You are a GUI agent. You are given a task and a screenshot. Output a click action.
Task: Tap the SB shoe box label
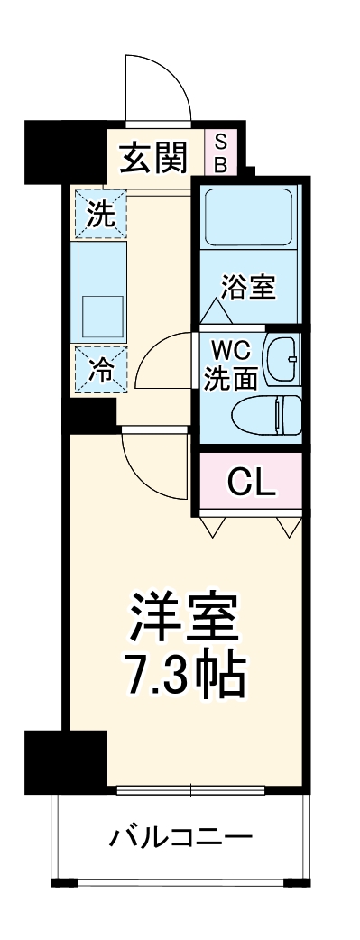(221, 152)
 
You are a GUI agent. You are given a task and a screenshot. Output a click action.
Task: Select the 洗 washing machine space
(100, 215)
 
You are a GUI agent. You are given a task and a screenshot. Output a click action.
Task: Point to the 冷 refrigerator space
(100, 369)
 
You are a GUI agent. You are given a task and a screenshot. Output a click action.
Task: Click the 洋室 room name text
(184, 617)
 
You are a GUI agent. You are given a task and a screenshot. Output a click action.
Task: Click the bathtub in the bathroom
(248, 217)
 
